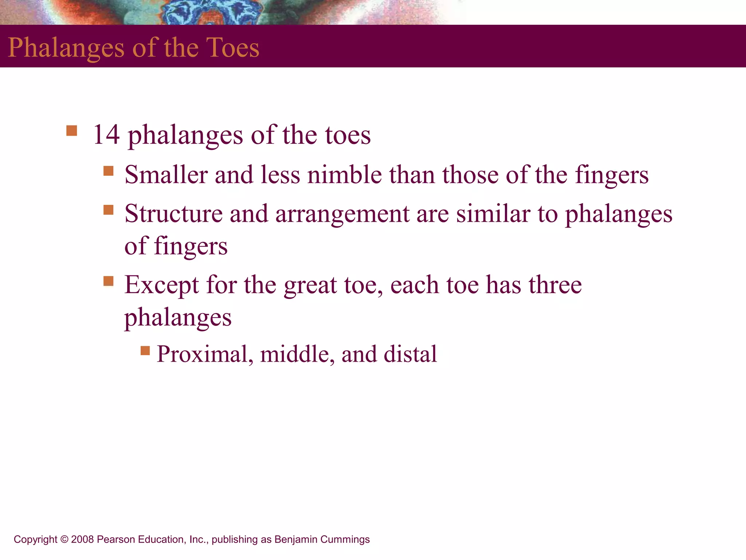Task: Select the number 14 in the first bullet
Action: point(106,135)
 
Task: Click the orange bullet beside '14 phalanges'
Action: point(72,131)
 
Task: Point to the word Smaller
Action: point(166,175)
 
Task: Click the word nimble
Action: point(344,175)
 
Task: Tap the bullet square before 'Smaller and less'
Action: point(109,171)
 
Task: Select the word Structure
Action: point(173,214)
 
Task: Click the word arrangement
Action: point(342,214)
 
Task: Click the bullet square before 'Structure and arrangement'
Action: point(109,210)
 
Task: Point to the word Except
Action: point(162,285)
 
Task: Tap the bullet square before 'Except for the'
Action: point(109,281)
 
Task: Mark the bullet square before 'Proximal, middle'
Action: point(145,351)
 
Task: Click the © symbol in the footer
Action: point(64,539)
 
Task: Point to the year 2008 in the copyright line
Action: point(82,539)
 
